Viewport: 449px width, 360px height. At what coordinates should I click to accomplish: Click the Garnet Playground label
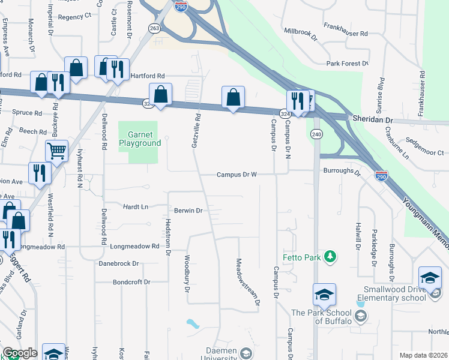pos(140,139)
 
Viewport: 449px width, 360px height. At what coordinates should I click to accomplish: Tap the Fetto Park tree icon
pos(329,257)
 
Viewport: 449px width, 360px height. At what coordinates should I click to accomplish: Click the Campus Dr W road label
pos(237,175)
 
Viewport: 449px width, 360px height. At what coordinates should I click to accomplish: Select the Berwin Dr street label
pos(189,211)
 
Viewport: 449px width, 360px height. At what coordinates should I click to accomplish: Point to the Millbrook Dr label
pos(300,34)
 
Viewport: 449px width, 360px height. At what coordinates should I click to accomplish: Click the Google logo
pos(19,353)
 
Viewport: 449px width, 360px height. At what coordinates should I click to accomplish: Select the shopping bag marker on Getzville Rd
pos(233,97)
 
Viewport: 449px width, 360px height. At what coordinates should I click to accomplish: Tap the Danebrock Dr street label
pos(118,263)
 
